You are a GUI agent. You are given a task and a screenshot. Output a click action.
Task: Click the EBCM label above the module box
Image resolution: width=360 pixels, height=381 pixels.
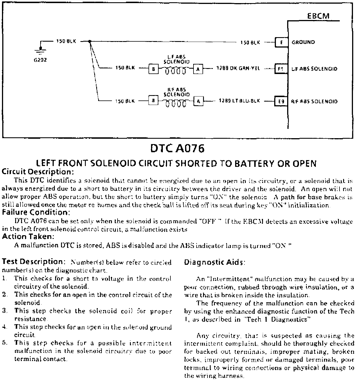click(318, 16)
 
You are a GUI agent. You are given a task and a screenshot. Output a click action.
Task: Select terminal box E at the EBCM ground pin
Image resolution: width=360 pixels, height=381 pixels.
click(281, 42)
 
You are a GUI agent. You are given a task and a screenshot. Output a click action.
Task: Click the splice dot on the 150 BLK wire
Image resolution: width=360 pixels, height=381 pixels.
click(90, 42)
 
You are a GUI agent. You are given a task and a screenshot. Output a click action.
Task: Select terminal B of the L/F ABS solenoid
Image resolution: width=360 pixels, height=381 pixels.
click(153, 69)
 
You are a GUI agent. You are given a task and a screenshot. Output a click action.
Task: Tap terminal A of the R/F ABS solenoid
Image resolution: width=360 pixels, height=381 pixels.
click(198, 101)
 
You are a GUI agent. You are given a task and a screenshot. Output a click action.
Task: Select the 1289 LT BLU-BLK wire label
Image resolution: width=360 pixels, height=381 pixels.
click(239, 101)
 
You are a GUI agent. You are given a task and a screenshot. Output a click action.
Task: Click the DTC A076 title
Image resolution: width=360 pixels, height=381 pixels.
click(177, 149)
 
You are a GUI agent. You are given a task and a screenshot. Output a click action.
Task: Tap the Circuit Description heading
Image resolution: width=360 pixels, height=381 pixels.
click(38, 171)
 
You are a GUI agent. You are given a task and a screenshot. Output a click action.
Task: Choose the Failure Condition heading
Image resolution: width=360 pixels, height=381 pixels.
click(36, 212)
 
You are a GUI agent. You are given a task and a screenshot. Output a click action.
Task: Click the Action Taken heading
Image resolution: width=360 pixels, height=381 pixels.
click(28, 236)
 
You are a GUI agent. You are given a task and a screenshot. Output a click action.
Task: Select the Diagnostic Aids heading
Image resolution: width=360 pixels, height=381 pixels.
click(215, 263)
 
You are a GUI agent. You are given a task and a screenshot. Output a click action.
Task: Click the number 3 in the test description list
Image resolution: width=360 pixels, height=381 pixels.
click(4, 311)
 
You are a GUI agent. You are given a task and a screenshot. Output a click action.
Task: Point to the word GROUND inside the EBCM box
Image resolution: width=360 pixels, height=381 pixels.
click(303, 42)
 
